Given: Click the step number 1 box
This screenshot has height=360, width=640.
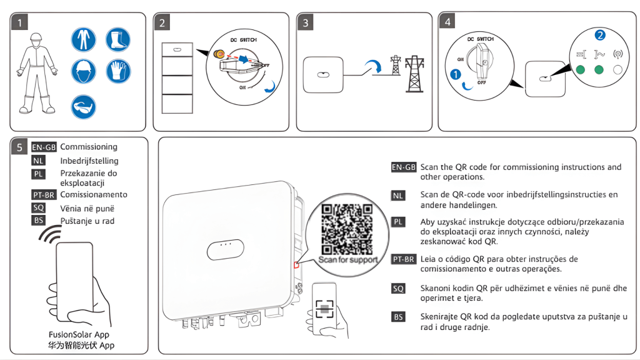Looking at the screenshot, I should tap(20, 23).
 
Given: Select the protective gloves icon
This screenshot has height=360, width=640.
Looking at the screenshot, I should tap(117, 71).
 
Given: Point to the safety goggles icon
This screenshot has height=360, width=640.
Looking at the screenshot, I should tap(84, 107).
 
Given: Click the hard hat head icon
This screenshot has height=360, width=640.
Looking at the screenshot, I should tap(84, 71).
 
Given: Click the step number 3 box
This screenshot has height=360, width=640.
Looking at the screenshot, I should tap(306, 23).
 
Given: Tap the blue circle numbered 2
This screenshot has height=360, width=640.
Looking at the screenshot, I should tap(600, 35).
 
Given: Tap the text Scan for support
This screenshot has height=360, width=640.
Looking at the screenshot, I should tap(348, 259).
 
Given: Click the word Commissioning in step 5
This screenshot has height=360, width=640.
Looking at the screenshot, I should tap(89, 147).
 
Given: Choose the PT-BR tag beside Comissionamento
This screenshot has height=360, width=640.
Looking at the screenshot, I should tap(44, 195).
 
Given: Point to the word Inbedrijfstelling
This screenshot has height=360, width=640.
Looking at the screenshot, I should tap(89, 161).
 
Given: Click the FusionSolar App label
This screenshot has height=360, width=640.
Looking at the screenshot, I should tap(79, 334).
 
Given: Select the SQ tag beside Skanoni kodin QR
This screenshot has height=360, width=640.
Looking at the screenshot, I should tap(398, 288).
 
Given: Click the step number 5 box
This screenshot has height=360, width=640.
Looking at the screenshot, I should tap(20, 147).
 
